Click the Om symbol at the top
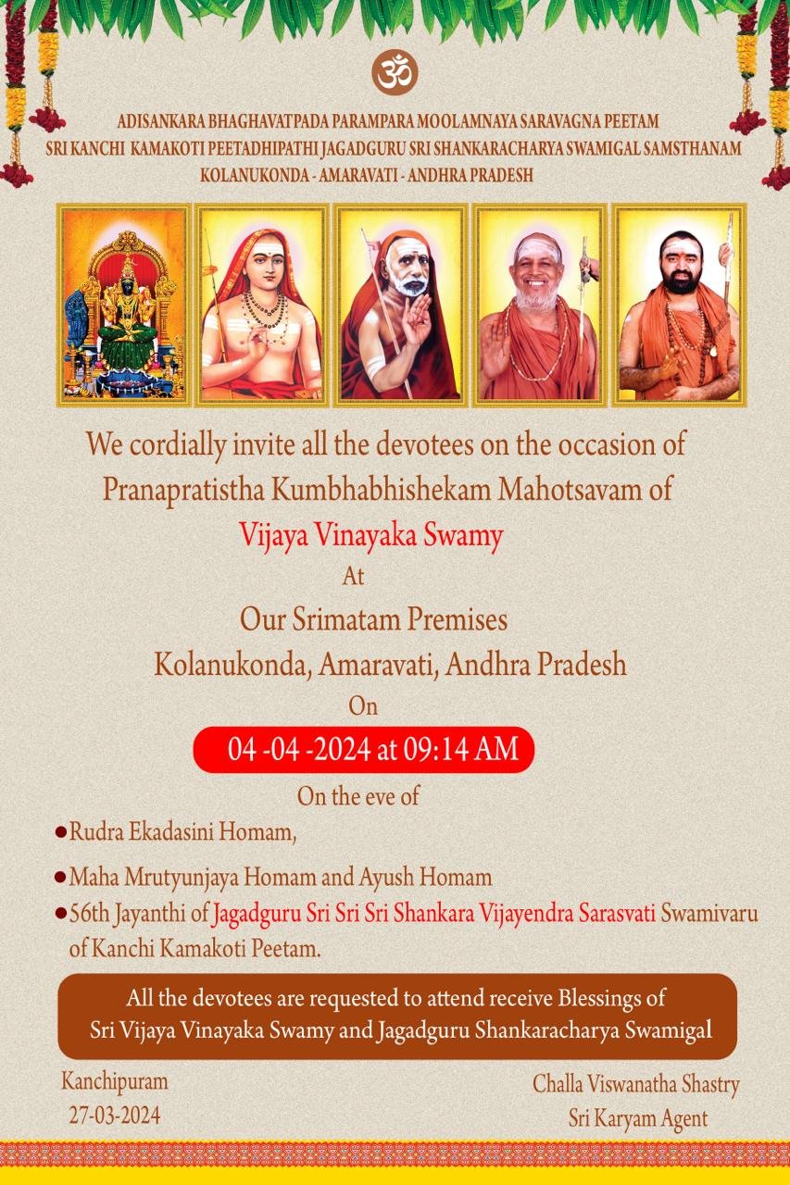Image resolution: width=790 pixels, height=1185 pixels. [x=395, y=72]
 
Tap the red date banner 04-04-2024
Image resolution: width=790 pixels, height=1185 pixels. [x=364, y=750]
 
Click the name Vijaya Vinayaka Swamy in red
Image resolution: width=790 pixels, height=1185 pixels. [x=371, y=535]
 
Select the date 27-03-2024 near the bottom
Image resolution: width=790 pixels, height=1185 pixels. [x=115, y=1116]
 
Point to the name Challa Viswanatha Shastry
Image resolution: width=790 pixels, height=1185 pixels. [x=635, y=1085]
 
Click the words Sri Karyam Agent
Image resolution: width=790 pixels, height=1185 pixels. [x=638, y=1119]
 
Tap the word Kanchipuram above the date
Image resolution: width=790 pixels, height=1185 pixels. [x=115, y=1082]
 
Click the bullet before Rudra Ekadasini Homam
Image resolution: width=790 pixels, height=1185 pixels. [x=61, y=832]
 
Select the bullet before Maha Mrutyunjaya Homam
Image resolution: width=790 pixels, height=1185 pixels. [x=61, y=878]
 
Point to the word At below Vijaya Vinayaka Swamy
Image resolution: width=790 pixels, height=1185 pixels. [x=354, y=576]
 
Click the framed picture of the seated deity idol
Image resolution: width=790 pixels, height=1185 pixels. [x=124, y=306]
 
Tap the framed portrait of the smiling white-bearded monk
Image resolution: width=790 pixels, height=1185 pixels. [x=540, y=306]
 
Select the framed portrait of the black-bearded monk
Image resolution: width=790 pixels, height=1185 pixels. [x=680, y=306]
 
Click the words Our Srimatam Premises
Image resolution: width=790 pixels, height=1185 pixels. [x=373, y=619]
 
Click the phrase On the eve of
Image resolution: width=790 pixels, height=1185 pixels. [x=358, y=796]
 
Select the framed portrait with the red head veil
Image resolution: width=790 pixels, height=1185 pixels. [x=262, y=306]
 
